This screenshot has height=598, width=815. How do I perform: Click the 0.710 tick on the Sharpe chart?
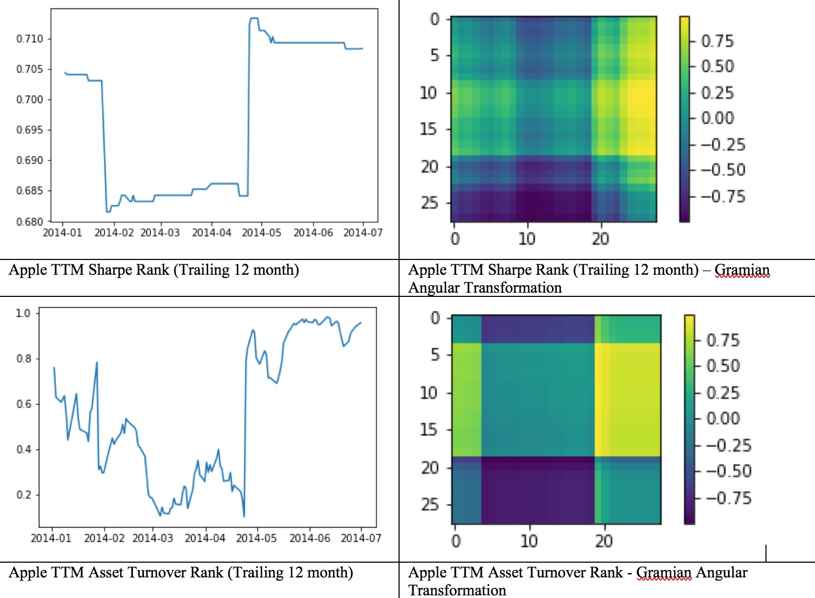coord(30,38)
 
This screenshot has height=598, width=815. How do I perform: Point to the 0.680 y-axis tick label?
coord(30,221)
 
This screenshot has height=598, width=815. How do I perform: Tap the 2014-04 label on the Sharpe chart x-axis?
coord(211,233)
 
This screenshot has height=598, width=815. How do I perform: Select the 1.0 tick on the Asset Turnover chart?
coord(23,313)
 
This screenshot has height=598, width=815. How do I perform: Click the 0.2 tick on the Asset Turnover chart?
coord(24,495)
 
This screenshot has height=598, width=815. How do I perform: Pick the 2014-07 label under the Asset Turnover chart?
coord(361,538)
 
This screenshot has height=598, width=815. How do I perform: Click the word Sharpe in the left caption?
coord(110,270)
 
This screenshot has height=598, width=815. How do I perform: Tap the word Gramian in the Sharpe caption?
coord(742,270)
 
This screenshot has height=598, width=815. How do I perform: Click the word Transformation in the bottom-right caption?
coord(457,590)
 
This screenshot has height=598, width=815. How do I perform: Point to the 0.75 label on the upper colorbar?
coord(717,41)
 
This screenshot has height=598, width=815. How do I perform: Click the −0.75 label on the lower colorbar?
coord(728,498)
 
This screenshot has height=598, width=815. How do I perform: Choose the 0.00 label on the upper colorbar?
coord(717,118)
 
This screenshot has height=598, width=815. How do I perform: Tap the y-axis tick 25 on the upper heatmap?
coord(429,203)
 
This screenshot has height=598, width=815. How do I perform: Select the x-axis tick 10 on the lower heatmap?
coord(529,541)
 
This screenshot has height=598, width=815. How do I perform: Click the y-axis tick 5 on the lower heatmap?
coord(435,355)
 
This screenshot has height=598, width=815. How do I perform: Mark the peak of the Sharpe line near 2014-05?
coord(254,18)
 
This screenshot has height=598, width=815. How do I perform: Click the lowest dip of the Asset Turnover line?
coord(244,516)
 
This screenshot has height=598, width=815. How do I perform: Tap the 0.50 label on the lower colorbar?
coord(723,366)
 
